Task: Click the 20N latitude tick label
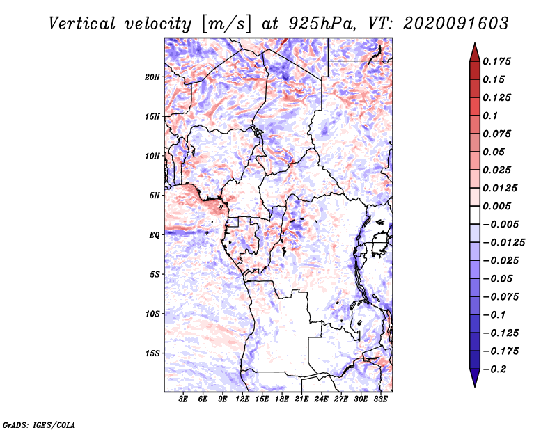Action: [152, 77]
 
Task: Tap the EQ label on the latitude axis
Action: [155, 235]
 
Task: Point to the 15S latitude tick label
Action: [152, 353]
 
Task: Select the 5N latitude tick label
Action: [155, 196]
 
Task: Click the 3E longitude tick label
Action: [183, 399]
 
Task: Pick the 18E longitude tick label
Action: [282, 399]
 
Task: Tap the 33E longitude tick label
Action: [380, 399]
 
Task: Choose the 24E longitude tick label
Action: [321, 399]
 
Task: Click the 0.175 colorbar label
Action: [496, 61]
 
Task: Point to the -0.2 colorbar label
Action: [494, 369]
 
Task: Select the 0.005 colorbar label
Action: [496, 206]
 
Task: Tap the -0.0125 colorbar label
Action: [503, 243]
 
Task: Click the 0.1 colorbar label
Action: [490, 116]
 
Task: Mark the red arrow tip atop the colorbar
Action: [475, 44]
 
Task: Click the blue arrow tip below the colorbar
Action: [475, 386]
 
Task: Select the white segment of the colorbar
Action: [475, 215]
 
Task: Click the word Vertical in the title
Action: [82, 24]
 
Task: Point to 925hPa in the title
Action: [321, 24]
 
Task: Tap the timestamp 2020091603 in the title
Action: [456, 24]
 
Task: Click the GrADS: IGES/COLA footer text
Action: [39, 424]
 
